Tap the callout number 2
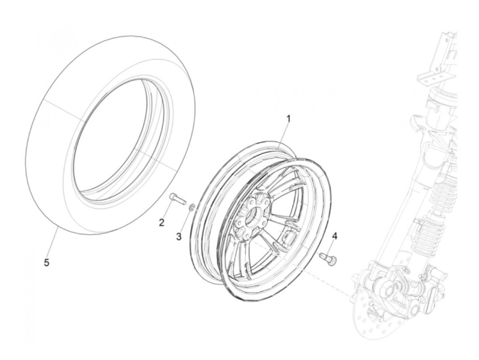161,223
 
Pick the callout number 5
47,262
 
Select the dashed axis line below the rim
328,274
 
